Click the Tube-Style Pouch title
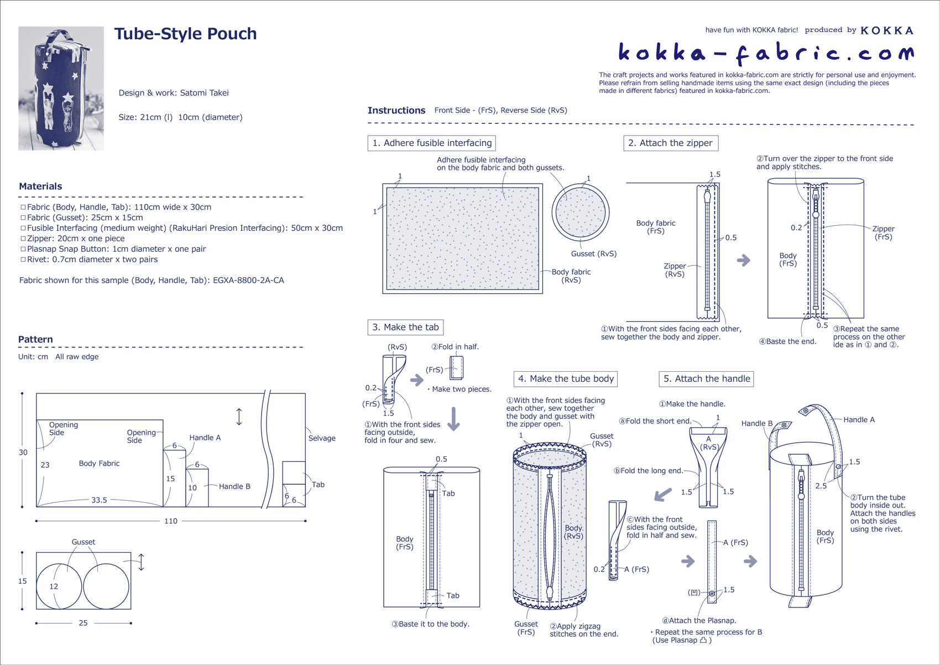tap(185, 34)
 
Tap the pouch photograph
tap(61, 89)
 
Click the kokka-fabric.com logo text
tap(766, 53)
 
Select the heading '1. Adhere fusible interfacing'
tap(431, 143)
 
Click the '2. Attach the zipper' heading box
tap(670, 143)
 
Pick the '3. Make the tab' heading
tap(405, 328)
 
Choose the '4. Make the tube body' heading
tap(565, 379)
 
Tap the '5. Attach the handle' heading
tap(706, 379)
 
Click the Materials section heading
tap(40, 186)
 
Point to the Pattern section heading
tap(35, 340)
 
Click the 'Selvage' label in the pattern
tap(322, 438)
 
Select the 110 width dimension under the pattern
tap(171, 521)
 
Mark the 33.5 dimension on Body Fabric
tap(99, 500)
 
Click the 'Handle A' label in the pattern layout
tap(205, 438)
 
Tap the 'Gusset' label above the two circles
tap(83, 542)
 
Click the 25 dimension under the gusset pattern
tap(83, 623)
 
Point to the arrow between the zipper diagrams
tap(744, 260)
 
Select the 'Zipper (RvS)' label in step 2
tap(675, 270)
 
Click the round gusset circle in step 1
tap(580, 213)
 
